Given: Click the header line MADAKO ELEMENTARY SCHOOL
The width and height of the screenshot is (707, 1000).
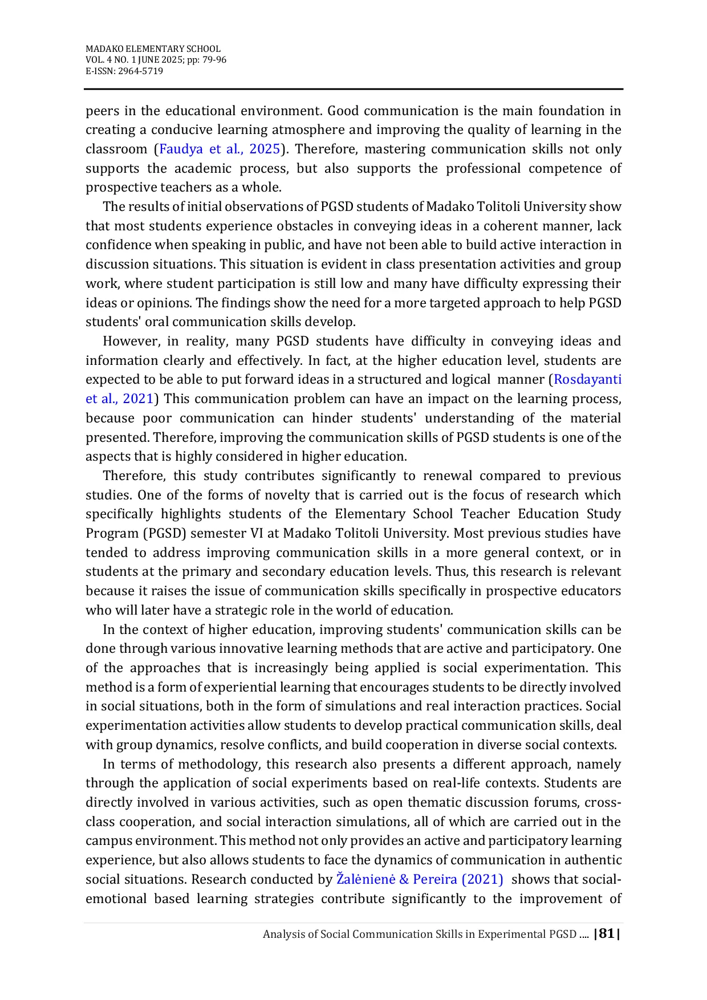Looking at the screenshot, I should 153,49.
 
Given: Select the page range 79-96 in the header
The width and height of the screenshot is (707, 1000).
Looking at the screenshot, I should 214,60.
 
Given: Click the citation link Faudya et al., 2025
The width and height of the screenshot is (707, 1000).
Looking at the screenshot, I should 220,149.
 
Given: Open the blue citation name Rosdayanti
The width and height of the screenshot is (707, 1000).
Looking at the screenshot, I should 587,380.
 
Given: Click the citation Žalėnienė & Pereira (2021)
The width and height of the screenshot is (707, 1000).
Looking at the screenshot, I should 420,880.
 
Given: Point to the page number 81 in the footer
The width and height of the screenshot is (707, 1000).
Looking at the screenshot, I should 607,934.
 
